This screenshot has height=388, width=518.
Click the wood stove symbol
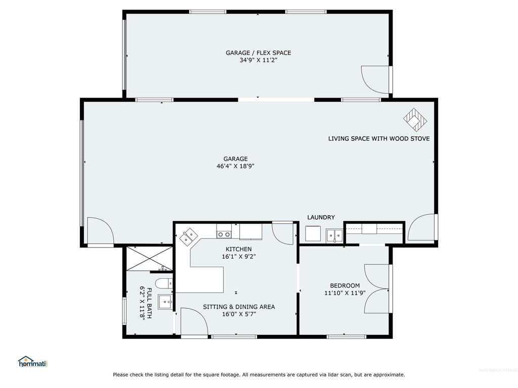pos(415,119)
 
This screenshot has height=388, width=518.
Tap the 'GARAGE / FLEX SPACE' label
pos(258,53)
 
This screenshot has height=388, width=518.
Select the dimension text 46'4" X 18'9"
pos(239,166)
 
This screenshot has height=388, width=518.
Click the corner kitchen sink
pos(190,236)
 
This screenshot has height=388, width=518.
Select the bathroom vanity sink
pos(165,302)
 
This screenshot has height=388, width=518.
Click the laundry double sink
pos(334,234)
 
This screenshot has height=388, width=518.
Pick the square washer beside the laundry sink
pos(314,234)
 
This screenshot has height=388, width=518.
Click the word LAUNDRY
pos(321,217)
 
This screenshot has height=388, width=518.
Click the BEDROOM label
pos(344,285)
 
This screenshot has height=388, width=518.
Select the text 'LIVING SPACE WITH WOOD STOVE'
pos(379,138)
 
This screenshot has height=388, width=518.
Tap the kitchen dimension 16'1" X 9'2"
pos(239,256)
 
